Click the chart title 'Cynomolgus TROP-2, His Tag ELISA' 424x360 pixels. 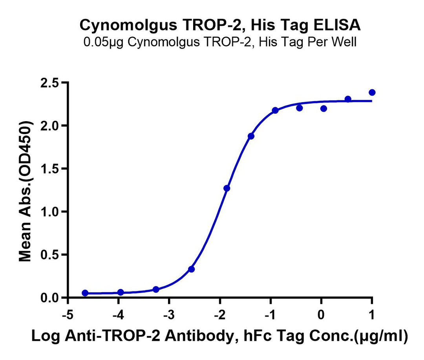(x=220, y=25)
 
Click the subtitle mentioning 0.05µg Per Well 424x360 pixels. (x=220, y=42)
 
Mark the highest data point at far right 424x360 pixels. (x=372, y=93)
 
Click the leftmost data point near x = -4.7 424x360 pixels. (x=85, y=293)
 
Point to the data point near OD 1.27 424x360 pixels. (x=227, y=188)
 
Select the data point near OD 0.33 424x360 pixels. (x=191, y=269)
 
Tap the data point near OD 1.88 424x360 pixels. (x=251, y=136)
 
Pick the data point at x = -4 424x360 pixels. (x=121, y=292)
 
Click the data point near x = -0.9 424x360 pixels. (x=275, y=110)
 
